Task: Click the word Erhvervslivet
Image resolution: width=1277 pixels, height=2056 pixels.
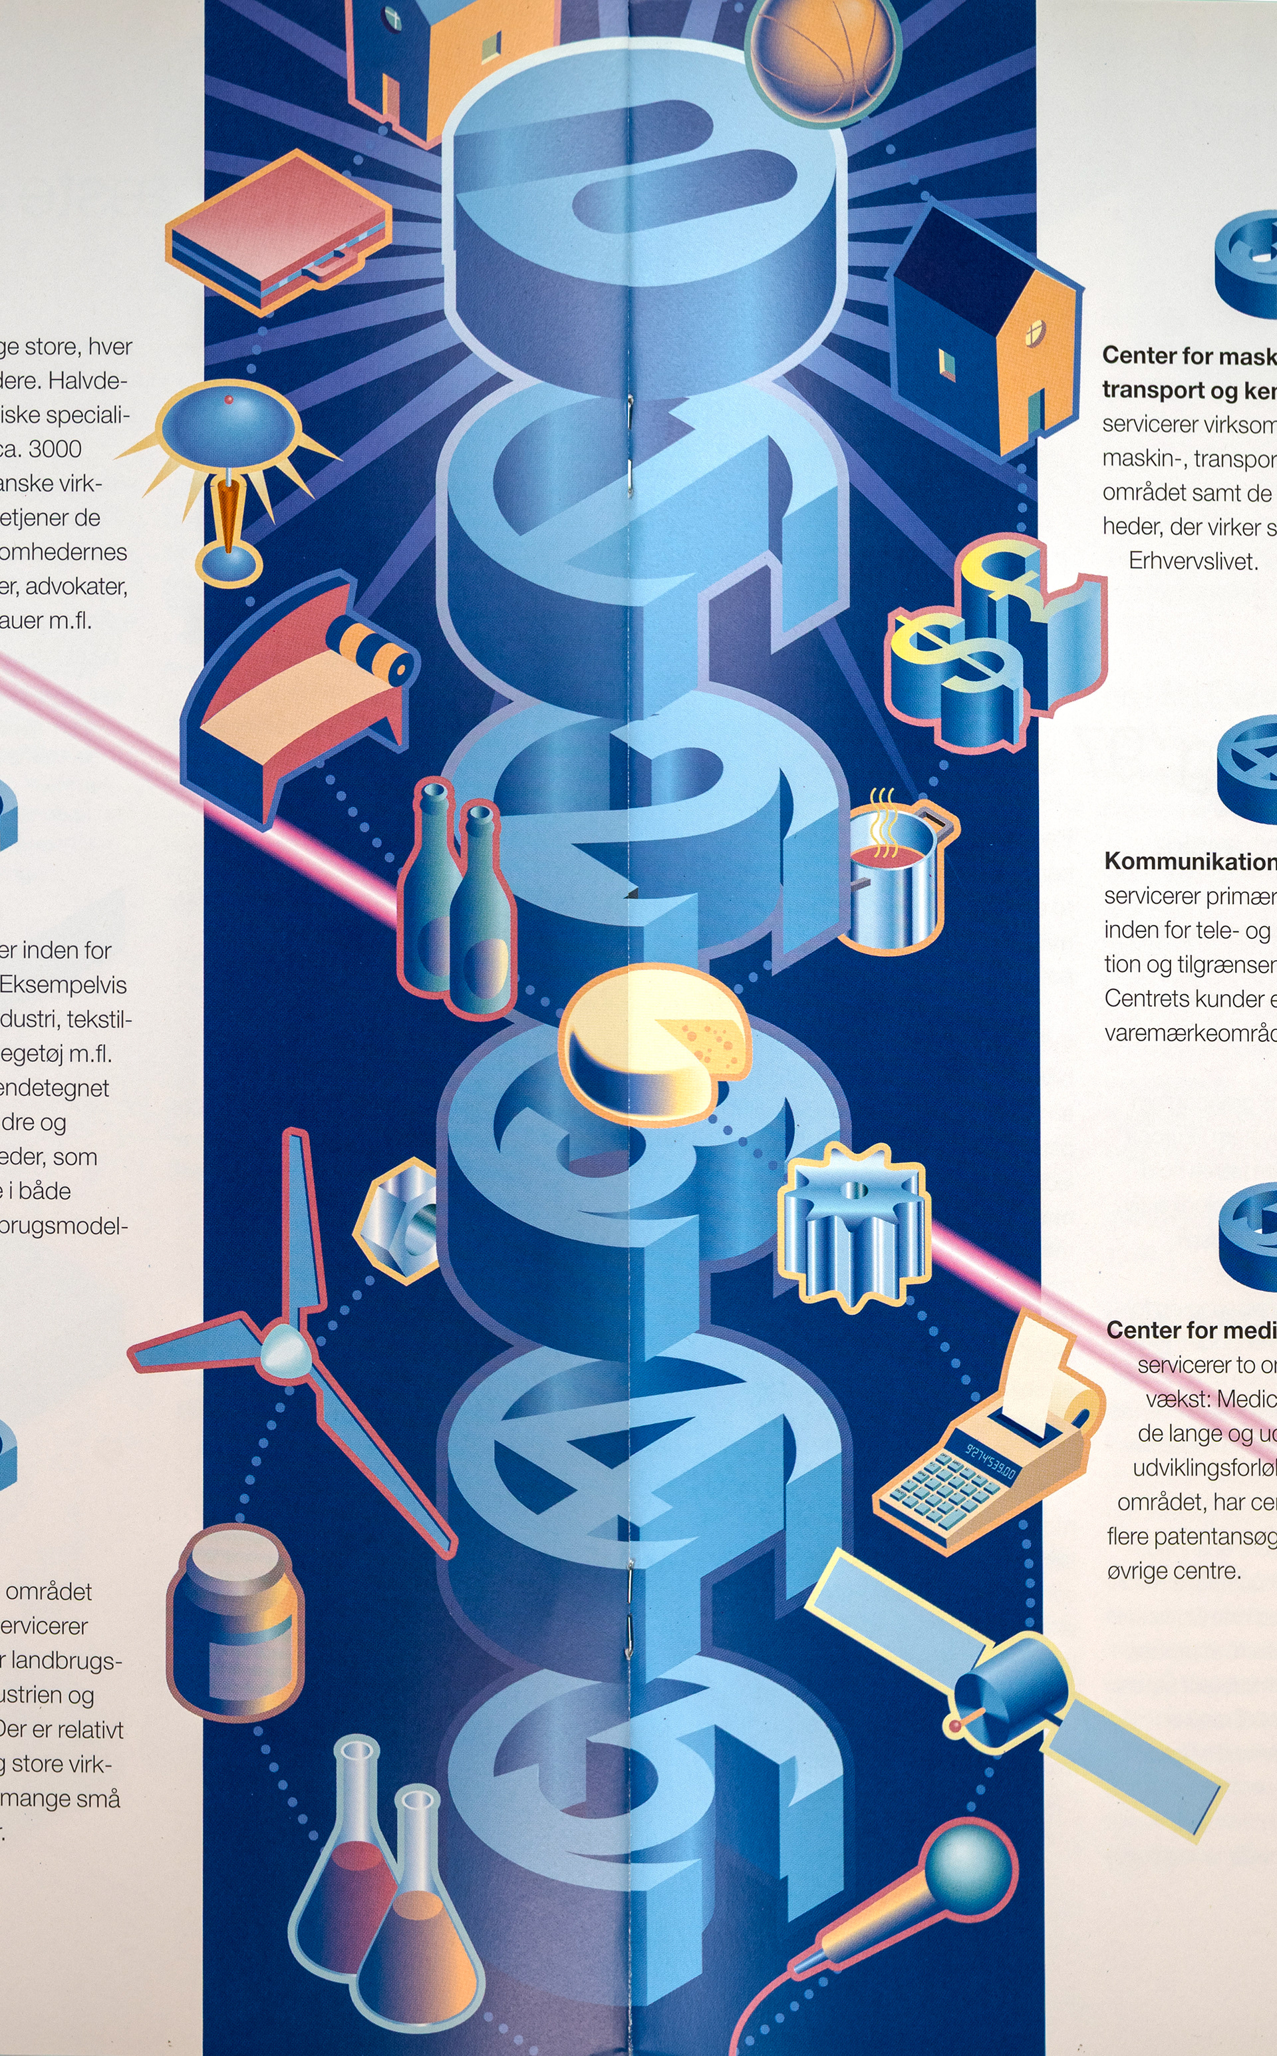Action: (x=1193, y=561)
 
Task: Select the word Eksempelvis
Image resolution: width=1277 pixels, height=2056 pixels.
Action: (x=63, y=985)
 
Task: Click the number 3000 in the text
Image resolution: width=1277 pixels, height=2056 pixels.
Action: (x=55, y=448)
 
